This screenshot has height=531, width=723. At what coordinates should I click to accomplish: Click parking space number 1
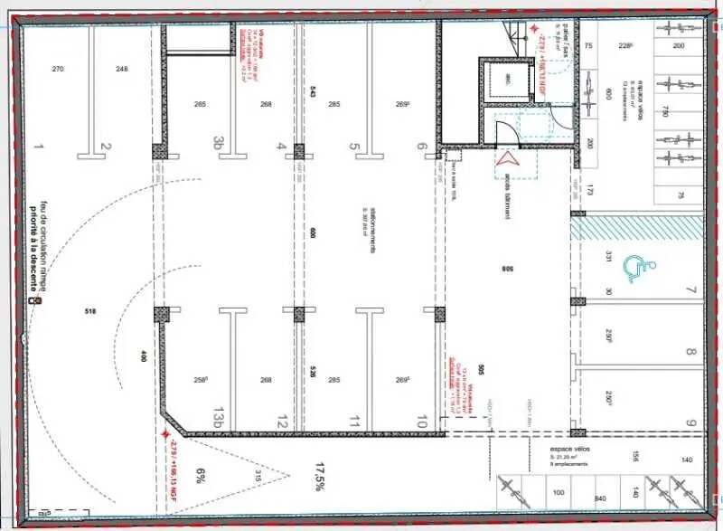tap(39, 146)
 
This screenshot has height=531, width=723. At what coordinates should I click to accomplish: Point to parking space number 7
tap(691, 290)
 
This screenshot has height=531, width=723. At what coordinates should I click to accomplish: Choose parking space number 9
tap(691, 422)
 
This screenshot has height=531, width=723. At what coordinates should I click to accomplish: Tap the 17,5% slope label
tap(319, 476)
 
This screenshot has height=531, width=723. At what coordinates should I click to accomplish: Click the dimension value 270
tap(58, 70)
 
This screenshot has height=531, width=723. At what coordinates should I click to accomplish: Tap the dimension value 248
tap(122, 70)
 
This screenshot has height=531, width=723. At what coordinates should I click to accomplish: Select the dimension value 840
tap(599, 498)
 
